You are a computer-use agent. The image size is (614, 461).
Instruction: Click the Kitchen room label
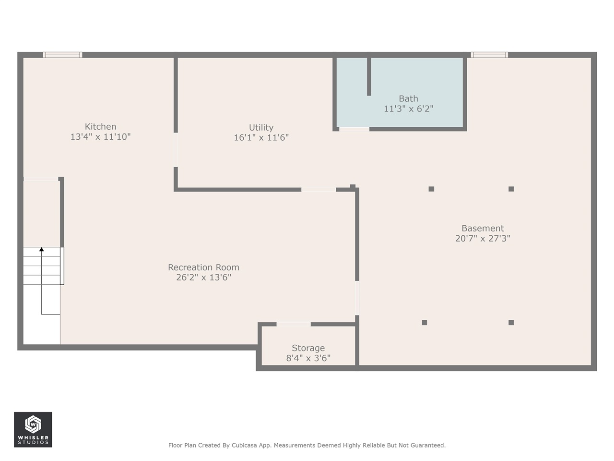pos(100,127)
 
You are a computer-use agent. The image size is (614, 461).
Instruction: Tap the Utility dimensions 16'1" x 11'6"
pos(261,138)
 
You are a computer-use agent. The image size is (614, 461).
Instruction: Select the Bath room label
pos(408,98)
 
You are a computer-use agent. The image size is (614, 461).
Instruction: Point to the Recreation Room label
pos(203,267)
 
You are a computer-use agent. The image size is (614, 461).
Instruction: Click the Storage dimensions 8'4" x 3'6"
pos(308,358)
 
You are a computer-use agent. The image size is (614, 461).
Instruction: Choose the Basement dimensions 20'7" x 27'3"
pos(483,238)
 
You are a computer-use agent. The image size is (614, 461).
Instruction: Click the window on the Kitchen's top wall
pos(62,55)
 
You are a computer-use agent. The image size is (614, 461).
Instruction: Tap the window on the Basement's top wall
pos(489,55)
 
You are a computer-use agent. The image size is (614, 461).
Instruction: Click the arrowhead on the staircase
pos(42,249)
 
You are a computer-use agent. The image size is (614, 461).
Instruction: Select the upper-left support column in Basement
pos(431,189)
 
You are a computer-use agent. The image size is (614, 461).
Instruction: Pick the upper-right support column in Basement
pos(511,189)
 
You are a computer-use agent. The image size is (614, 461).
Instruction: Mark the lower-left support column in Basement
pos(424,322)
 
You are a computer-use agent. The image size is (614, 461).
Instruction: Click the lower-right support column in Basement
pos(511,322)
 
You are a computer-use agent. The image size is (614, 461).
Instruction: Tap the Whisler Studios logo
pos(33,429)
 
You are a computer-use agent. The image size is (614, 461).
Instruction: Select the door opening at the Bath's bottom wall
pos(354,129)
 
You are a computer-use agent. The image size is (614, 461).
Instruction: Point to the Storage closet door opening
pos(294,325)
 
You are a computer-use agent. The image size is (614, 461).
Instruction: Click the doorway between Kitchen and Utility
pos(176,150)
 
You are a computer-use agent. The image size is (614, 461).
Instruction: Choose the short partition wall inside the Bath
pos(369,77)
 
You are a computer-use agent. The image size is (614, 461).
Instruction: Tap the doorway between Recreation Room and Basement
pos(357,298)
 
